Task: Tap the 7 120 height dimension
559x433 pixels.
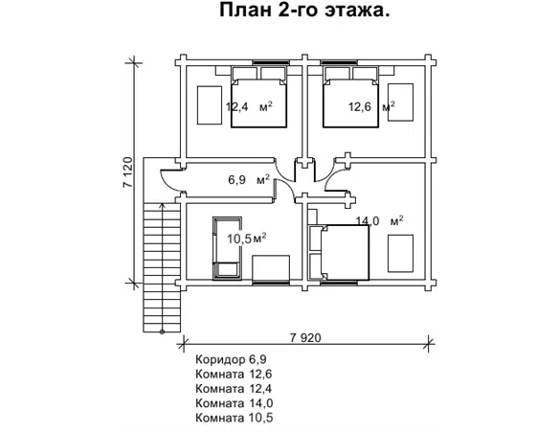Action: tap(127, 173)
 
